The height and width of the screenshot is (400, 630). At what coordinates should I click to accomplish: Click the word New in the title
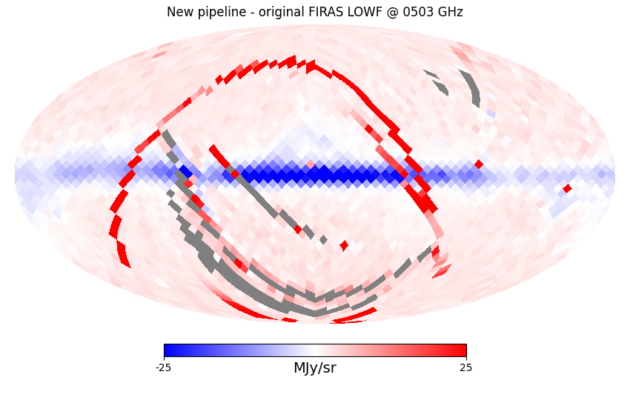[x=180, y=12]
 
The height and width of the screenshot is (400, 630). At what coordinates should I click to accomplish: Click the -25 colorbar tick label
[x=164, y=368]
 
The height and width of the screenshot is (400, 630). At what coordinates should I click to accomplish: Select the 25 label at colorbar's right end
[x=465, y=368]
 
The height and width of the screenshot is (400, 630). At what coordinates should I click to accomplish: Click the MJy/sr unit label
[x=314, y=368]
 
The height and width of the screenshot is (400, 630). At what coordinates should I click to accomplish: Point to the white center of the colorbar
[x=315, y=350]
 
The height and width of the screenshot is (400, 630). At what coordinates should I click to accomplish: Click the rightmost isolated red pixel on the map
[x=567, y=189]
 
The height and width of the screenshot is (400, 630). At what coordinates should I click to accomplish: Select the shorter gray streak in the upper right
[x=437, y=83]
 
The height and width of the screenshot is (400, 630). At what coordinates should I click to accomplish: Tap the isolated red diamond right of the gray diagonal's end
[x=344, y=245]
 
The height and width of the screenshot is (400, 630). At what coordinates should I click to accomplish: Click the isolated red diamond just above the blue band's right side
[x=479, y=164]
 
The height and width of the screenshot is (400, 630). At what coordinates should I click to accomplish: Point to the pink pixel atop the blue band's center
[x=311, y=164]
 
